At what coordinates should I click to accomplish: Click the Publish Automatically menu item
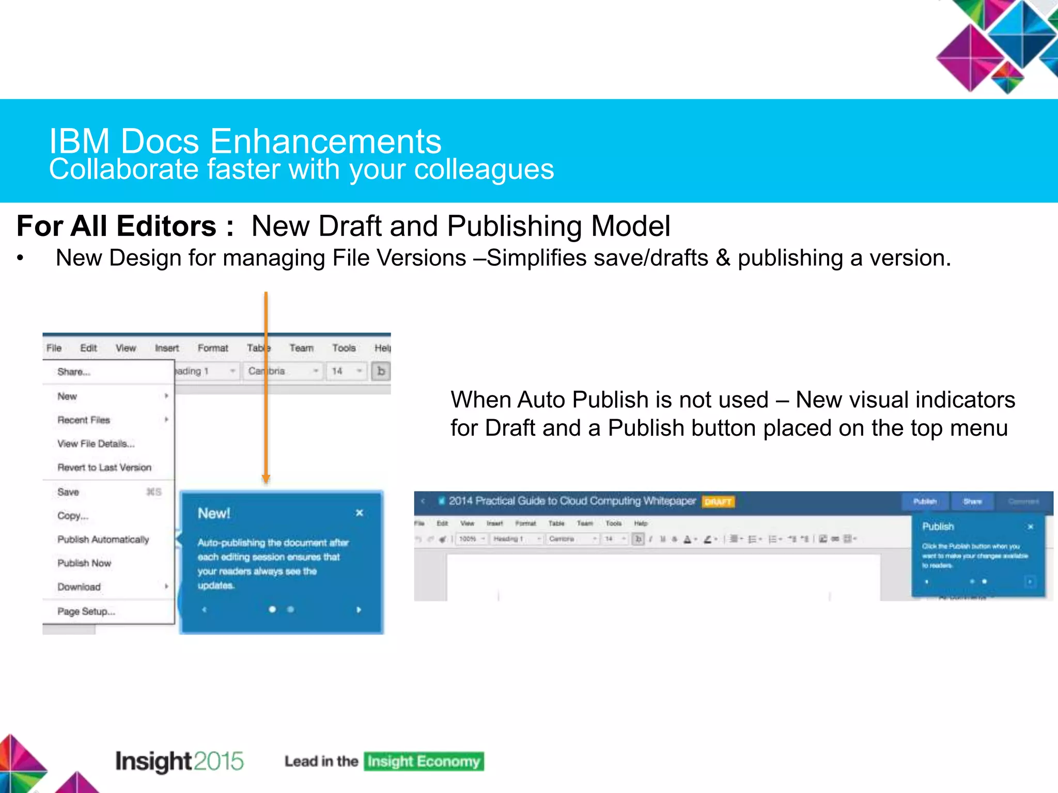tap(103, 540)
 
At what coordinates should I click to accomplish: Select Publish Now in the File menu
tap(84, 563)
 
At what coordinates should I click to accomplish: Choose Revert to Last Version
tap(104, 468)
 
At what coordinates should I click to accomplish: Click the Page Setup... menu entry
tap(86, 612)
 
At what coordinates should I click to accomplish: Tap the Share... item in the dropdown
tap(74, 372)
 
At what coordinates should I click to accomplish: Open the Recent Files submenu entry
tap(84, 420)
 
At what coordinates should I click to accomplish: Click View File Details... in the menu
tap(96, 444)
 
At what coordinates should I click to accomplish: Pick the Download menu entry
tap(79, 587)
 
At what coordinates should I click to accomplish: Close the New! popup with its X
tap(360, 513)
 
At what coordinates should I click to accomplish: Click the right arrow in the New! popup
tap(359, 610)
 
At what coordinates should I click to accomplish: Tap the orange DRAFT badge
tap(718, 502)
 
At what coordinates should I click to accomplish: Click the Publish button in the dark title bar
tap(925, 502)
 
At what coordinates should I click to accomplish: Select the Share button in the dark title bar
tap(972, 502)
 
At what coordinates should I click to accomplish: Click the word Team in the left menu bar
tap(301, 348)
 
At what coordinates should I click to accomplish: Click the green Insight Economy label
tap(424, 762)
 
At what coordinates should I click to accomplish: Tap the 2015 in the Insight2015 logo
tap(219, 762)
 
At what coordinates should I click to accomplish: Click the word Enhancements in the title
tap(326, 141)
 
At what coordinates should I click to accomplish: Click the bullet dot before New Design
tap(20, 258)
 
